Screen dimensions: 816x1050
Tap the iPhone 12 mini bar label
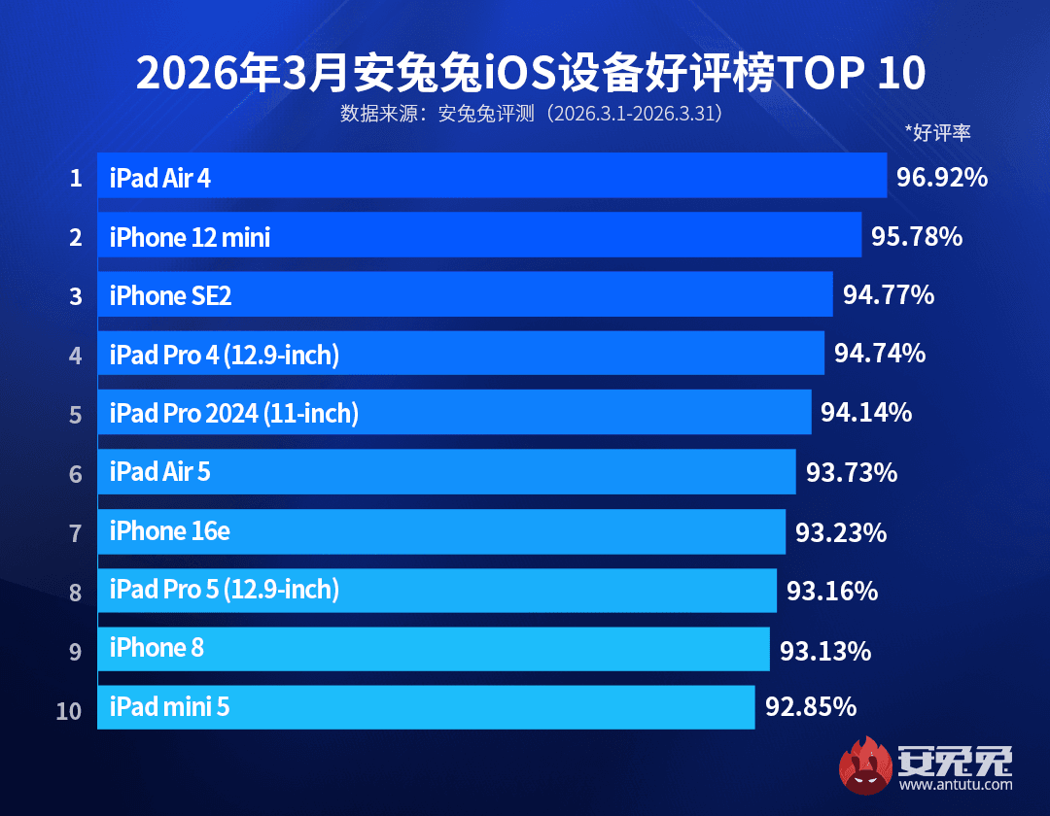tap(190, 236)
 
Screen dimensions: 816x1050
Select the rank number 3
tap(75, 296)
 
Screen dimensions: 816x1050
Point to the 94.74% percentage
tap(879, 354)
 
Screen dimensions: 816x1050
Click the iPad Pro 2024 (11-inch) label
tap(233, 414)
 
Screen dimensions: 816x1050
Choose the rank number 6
tap(75, 474)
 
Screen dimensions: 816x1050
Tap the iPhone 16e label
tap(169, 531)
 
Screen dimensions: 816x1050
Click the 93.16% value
tap(831, 591)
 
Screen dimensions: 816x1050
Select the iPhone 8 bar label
tap(157, 648)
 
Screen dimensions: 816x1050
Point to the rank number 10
tap(69, 711)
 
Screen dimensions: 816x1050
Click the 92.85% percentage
tap(811, 706)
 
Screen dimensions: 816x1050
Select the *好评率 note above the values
tap(937, 133)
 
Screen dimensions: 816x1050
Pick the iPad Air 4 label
tap(159, 178)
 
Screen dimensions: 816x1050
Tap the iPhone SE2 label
tap(170, 295)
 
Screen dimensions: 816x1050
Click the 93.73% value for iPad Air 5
tap(852, 473)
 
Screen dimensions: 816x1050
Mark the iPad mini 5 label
tap(169, 706)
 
